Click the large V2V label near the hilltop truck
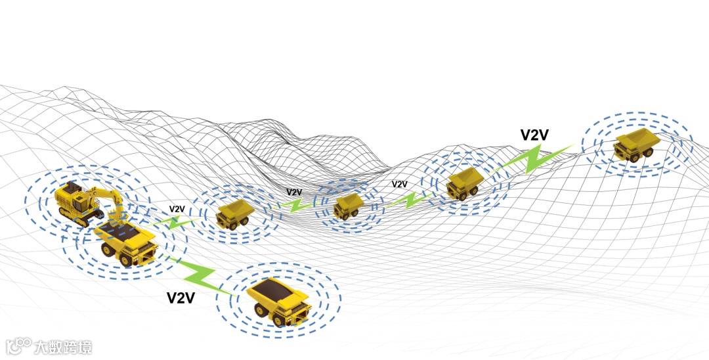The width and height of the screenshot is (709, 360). (x=534, y=135)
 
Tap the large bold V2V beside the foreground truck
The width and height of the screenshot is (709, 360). (x=181, y=298)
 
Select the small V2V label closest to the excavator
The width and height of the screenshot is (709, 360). (x=177, y=210)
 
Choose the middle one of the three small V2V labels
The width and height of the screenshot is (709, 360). (x=294, y=192)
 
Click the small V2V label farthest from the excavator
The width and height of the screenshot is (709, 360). (x=399, y=185)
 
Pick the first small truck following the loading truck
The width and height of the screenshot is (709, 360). (x=235, y=214)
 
